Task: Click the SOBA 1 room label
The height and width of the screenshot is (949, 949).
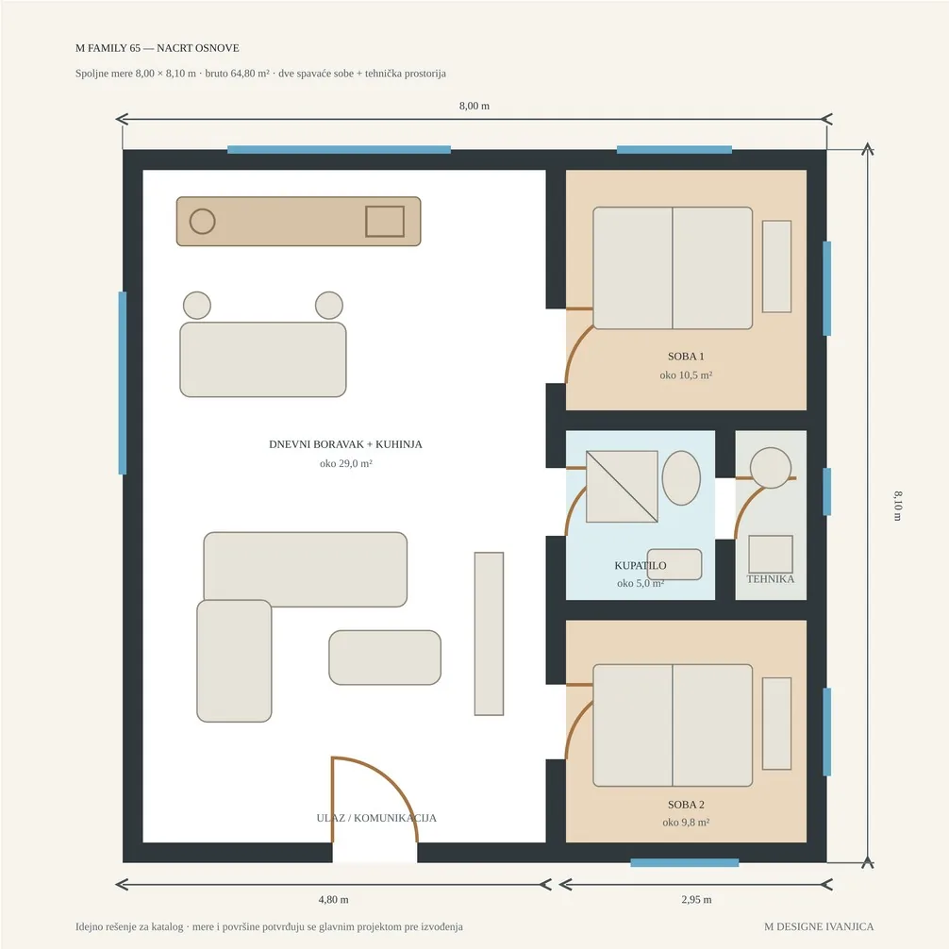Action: [686, 357]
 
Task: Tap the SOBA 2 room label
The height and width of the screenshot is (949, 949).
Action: [686, 805]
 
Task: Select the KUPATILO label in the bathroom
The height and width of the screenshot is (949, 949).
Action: [641, 565]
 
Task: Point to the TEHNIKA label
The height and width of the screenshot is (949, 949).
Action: [771, 578]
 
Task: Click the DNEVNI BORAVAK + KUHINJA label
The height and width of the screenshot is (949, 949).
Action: [345, 444]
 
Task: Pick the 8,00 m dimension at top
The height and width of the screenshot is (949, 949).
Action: [474, 106]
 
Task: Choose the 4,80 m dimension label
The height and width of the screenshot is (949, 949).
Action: [334, 899]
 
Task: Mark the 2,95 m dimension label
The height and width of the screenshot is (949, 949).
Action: [696, 899]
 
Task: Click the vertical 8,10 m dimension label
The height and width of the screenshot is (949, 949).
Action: [897, 506]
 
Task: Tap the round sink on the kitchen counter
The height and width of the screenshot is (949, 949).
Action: [202, 222]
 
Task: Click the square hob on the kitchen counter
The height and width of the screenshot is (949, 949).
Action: [385, 222]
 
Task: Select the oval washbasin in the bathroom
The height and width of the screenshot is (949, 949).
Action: [681, 477]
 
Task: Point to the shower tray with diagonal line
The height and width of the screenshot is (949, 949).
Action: [623, 487]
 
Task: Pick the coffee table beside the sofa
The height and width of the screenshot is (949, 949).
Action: [385, 658]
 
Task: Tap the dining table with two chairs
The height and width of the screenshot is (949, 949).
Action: [263, 359]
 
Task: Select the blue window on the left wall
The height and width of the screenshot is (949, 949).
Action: [123, 382]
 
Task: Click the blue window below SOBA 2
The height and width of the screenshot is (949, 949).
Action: [685, 862]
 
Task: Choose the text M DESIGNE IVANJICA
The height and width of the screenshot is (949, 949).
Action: [819, 926]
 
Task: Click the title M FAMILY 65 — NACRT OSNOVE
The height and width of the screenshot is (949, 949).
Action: [158, 48]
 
